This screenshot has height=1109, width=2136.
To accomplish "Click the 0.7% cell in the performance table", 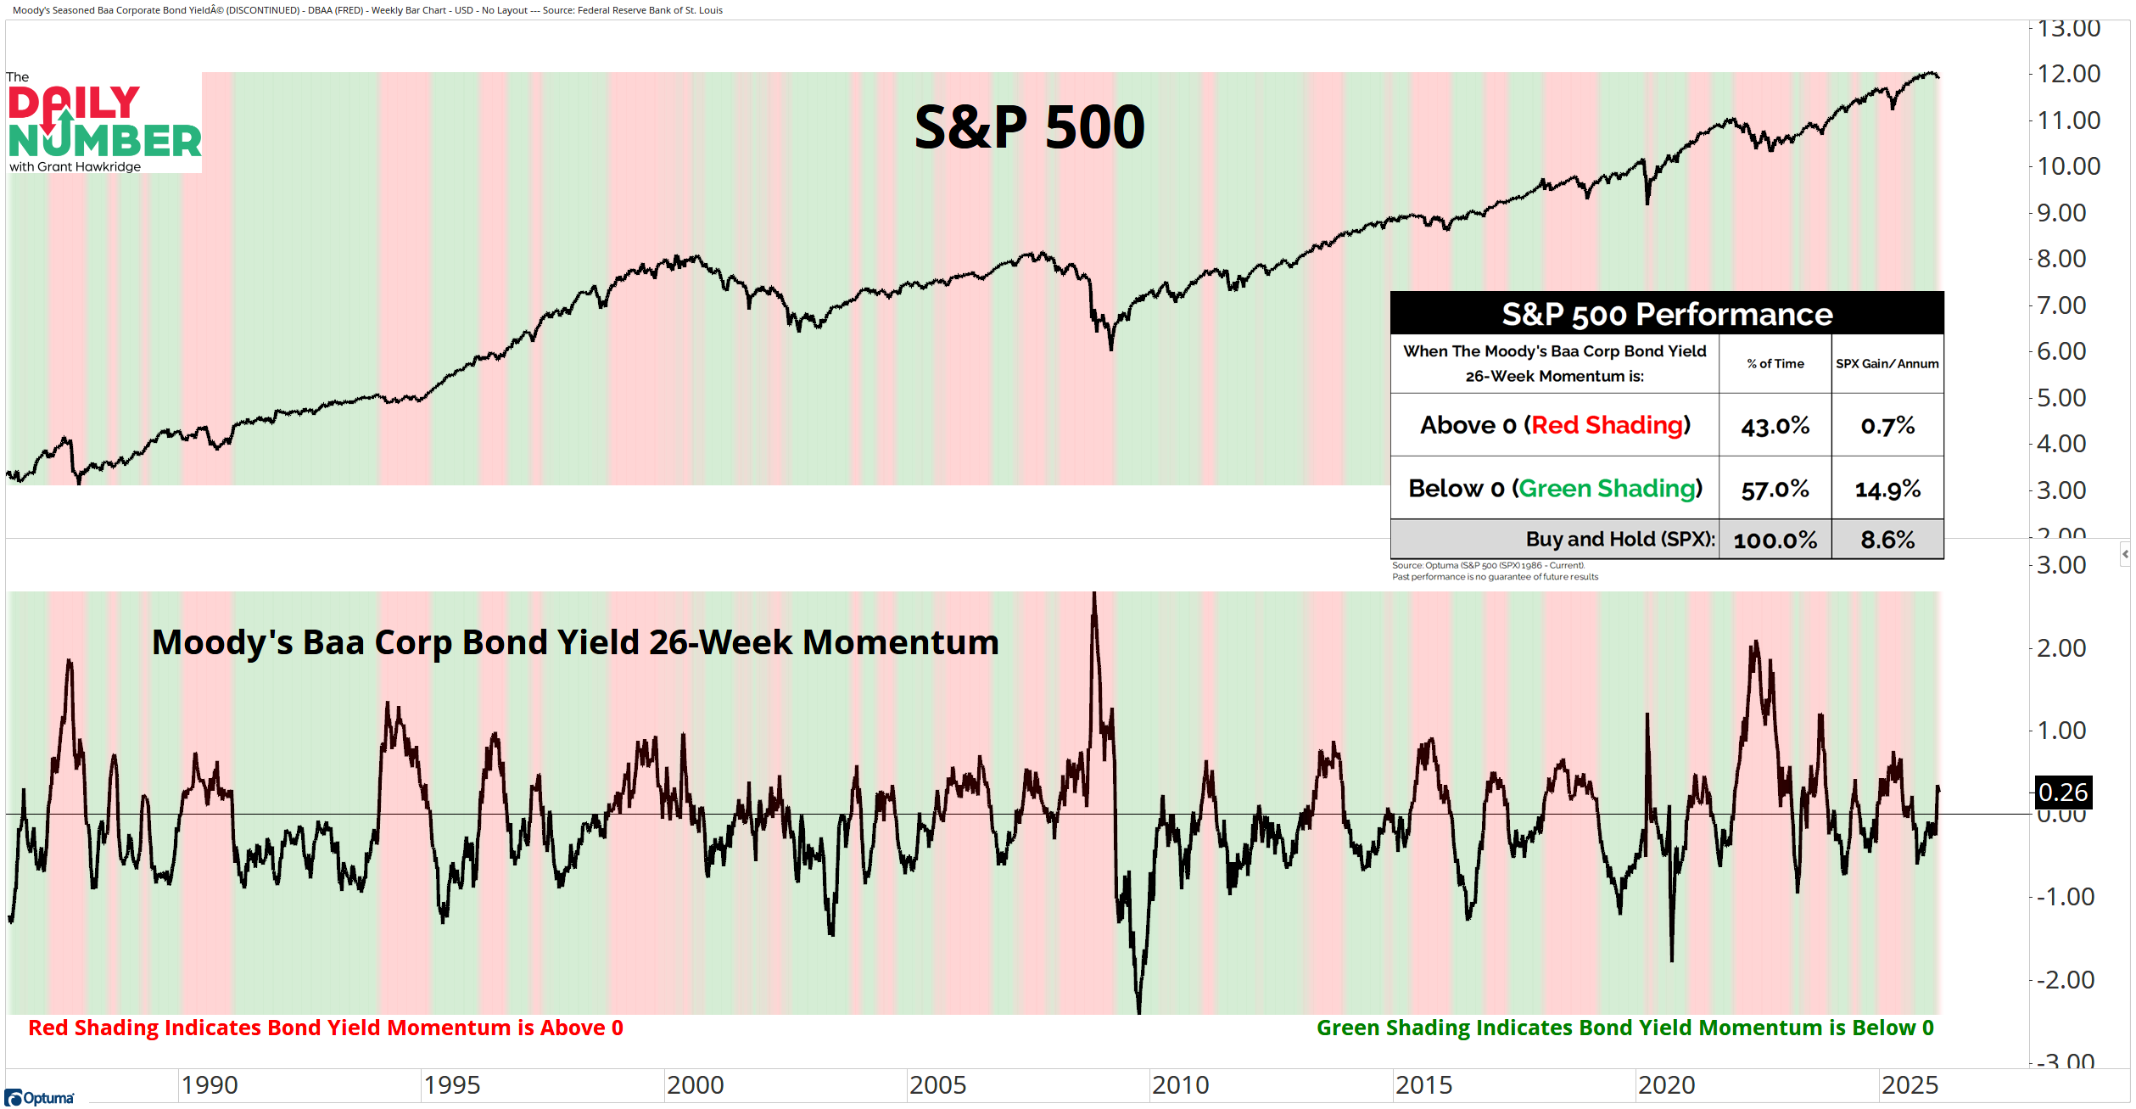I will [1887, 425].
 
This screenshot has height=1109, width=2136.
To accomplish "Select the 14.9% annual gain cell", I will [1887, 489].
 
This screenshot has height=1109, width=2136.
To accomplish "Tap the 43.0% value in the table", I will [1775, 425].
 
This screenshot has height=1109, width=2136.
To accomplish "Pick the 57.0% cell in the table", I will [1775, 489].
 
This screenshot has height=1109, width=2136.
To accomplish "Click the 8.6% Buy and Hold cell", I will [1887, 540].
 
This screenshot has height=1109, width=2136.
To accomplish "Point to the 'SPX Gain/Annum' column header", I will [1887, 363].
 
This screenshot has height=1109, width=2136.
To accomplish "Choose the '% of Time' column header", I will [1775, 363].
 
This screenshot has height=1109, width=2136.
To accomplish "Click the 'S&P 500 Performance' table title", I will [1666, 314].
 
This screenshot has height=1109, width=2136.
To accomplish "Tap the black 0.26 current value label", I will [2062, 793].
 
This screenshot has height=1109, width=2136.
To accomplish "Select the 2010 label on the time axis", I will [1180, 1084].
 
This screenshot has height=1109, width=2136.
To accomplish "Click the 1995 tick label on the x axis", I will [452, 1084].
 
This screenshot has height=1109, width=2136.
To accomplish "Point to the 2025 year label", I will [1909, 1084].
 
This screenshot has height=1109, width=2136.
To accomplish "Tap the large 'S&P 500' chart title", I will [1029, 127].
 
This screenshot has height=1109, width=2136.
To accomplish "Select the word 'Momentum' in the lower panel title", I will [900, 642].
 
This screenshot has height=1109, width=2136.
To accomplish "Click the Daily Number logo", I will [103, 123].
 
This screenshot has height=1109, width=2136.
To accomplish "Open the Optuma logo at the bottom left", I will [40, 1098].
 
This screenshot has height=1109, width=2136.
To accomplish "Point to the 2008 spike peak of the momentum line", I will [1094, 594].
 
